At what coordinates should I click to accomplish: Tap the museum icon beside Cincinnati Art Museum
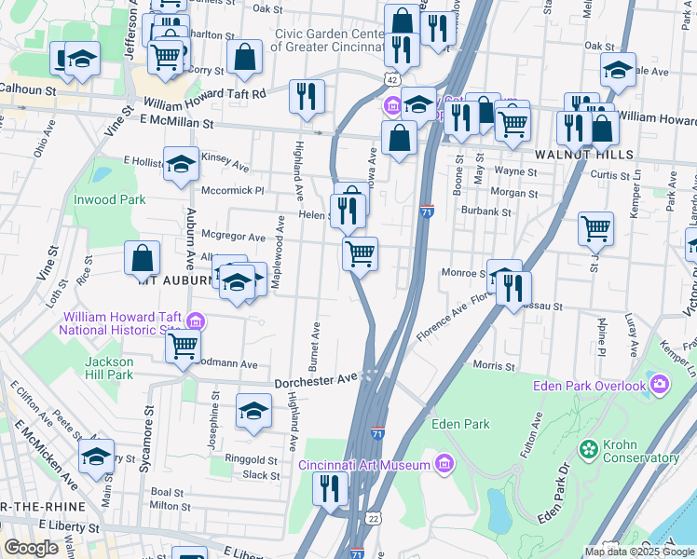pyautogui.click(x=444, y=464)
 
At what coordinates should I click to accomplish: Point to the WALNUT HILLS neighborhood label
pyautogui.click(x=571, y=154)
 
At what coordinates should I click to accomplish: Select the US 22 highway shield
pyautogui.click(x=374, y=518)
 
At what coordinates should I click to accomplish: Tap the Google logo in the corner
pyautogui.click(x=33, y=548)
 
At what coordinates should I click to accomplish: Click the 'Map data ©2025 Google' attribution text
pyautogui.click(x=638, y=551)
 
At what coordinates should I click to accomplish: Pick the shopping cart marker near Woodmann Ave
pyautogui.click(x=184, y=346)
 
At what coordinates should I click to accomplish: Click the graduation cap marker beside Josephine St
pyautogui.click(x=253, y=411)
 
